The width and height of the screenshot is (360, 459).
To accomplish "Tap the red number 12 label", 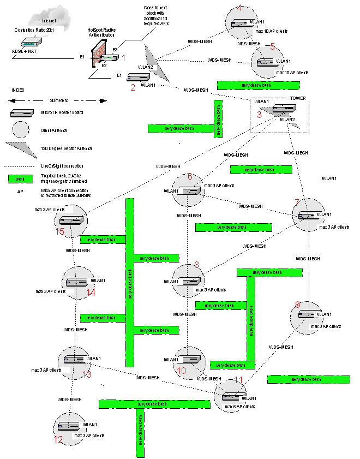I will (58, 439).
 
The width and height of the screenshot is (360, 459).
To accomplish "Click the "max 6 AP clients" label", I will (240, 407).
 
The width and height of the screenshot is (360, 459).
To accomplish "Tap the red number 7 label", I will (297, 202).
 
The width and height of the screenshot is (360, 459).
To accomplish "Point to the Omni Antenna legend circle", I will (21, 130).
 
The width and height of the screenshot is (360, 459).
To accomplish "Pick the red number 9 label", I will (297, 304).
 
